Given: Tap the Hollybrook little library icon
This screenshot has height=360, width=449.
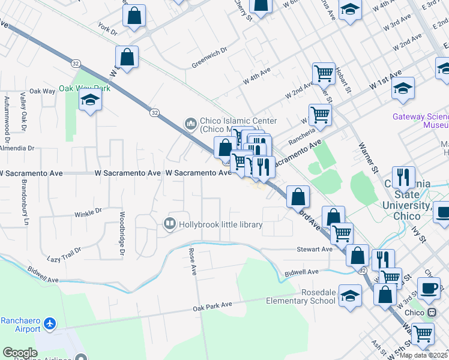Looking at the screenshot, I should [x=169, y=224].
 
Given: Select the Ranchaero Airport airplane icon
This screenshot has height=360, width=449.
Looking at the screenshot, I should [x=49, y=325].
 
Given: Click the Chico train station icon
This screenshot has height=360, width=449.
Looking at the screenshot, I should [x=431, y=313].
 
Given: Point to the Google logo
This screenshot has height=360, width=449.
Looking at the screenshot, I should [x=20, y=353].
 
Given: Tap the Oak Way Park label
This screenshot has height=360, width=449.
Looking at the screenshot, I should [x=85, y=88].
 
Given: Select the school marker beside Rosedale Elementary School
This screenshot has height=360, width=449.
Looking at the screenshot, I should [x=351, y=295].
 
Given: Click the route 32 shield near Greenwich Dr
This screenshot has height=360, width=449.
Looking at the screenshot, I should [x=155, y=112].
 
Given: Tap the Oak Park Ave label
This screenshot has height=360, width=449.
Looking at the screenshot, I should [x=212, y=305].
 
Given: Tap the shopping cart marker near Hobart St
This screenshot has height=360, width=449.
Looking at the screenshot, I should [x=324, y=73].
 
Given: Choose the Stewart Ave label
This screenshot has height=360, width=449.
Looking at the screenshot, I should [x=315, y=249].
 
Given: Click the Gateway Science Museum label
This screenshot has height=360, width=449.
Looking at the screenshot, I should [x=420, y=121].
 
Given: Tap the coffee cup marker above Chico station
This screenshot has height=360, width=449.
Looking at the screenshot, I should [x=429, y=288].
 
